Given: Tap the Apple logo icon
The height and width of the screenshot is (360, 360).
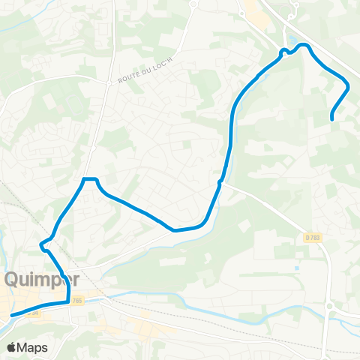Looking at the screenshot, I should click(11, 348).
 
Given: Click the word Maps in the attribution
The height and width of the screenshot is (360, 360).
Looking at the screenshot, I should click(33, 348).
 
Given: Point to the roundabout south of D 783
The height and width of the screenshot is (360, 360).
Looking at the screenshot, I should click(329, 306).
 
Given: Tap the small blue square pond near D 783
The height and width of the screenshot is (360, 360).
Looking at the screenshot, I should click(298, 268).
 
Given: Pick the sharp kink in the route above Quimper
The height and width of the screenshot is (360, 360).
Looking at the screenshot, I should click(43, 244).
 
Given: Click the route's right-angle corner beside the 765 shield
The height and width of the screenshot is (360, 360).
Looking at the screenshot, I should click(68, 301).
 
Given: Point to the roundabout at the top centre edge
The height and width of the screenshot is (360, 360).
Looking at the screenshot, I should click(193, 4).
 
